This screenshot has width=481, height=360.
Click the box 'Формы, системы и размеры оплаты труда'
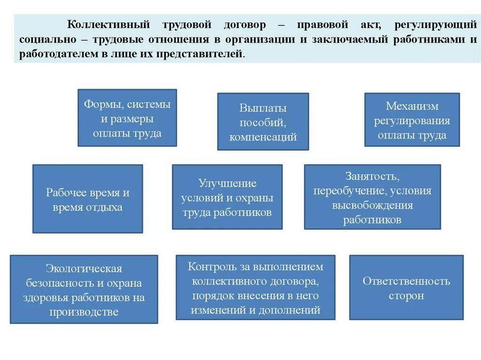[x=127, y=118]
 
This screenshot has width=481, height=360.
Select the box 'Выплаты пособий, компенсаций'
[x=263, y=122]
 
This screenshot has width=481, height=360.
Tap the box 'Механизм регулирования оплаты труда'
[x=412, y=120]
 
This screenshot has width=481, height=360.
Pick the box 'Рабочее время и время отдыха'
[x=87, y=199]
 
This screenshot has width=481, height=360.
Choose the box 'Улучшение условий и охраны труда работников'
[x=227, y=197]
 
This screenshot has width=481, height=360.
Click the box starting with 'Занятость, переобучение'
[x=372, y=197]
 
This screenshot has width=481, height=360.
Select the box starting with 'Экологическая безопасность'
[x=84, y=289]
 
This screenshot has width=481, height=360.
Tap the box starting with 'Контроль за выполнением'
[x=256, y=287]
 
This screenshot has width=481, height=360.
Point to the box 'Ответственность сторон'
[x=406, y=287]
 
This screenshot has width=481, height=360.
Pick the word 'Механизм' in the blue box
[x=412, y=106]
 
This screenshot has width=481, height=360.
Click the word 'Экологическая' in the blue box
[x=84, y=268]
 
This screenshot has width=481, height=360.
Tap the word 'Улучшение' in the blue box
[x=227, y=183]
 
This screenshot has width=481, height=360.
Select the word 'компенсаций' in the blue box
[x=263, y=137]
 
